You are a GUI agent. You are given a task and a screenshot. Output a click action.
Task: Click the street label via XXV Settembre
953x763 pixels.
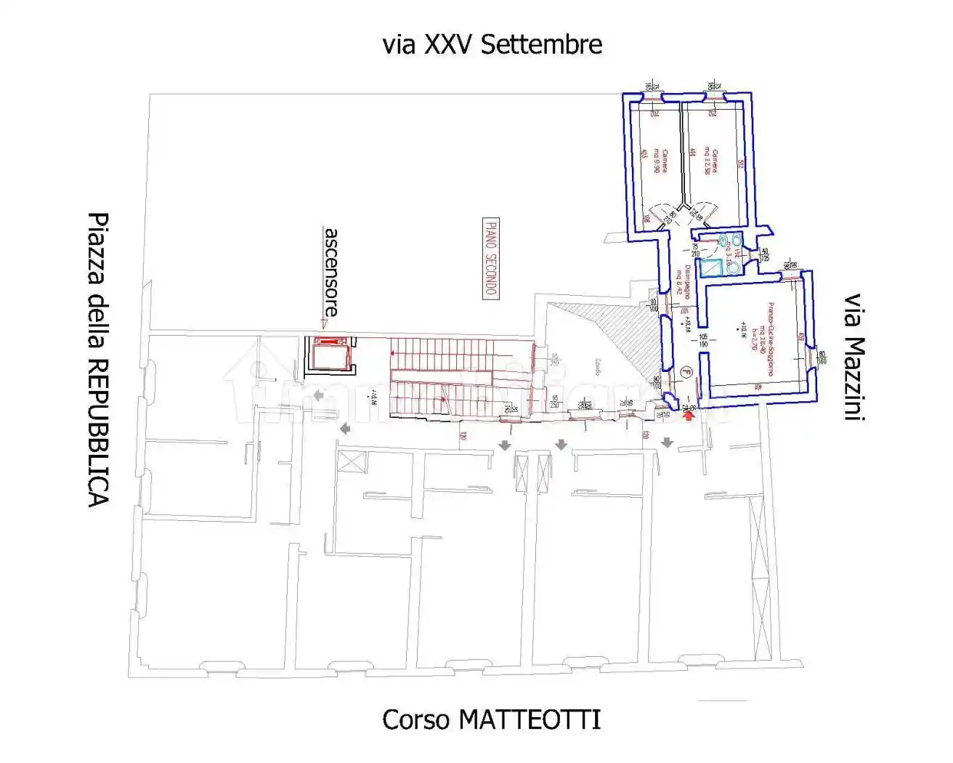tap(492, 45)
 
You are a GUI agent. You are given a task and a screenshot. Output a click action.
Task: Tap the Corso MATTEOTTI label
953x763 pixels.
tap(492, 719)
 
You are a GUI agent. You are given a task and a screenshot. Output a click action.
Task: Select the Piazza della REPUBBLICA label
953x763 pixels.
tap(98, 360)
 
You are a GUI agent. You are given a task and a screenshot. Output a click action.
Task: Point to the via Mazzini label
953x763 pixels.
tap(853, 357)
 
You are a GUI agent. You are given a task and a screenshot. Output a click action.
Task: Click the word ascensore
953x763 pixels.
tap(331, 271)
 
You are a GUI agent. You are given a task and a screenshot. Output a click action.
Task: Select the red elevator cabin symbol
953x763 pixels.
tap(330, 355)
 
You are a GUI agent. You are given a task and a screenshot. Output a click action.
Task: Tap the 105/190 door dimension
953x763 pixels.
tap(703, 341)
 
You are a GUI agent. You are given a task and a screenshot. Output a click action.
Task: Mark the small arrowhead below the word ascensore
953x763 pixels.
tap(325, 324)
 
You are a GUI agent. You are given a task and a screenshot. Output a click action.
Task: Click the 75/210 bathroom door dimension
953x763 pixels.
tap(695, 251)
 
